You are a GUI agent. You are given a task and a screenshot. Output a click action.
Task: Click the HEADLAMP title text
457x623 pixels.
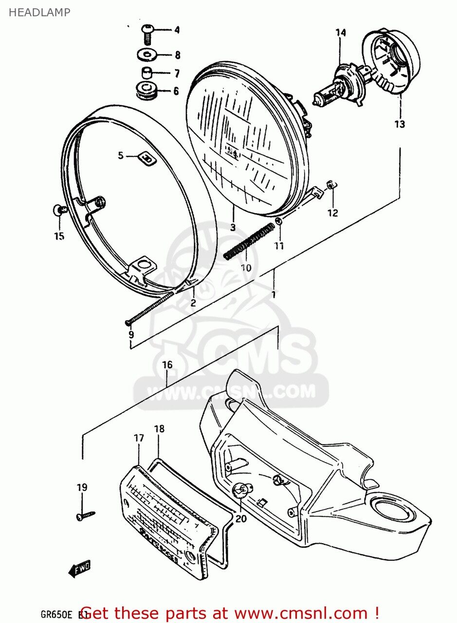(x=39, y=12)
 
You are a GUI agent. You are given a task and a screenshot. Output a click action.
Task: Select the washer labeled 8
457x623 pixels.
(x=146, y=55)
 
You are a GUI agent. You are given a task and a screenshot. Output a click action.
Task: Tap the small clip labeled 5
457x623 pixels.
(x=146, y=157)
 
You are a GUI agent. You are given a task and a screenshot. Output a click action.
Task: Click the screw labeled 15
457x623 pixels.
(x=59, y=210)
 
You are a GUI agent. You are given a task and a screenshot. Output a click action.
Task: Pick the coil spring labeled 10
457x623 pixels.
(x=248, y=240)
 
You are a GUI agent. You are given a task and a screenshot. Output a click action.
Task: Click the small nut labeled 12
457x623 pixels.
(x=329, y=185)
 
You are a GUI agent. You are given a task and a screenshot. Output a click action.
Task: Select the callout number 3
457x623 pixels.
(x=233, y=227)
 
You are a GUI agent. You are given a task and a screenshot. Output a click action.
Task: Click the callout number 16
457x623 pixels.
(x=167, y=365)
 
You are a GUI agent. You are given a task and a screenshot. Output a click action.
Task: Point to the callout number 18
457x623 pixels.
(x=159, y=429)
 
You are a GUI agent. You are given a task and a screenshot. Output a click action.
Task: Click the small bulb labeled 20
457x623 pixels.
(x=241, y=490)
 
